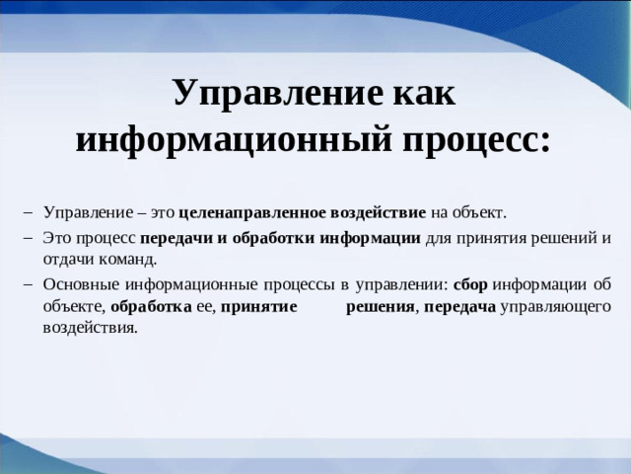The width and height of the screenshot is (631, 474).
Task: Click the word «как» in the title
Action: point(417,94)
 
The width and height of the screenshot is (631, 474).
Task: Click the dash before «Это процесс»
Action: point(27,237)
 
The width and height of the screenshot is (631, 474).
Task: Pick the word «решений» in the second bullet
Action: point(562,237)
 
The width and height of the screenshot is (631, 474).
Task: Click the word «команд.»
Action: point(130,260)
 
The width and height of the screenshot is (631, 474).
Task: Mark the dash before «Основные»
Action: point(27,283)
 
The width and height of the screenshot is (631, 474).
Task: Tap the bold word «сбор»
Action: point(470,283)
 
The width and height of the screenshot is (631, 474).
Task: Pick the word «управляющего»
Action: point(555,306)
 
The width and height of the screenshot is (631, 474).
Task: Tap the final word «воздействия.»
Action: point(91,328)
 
